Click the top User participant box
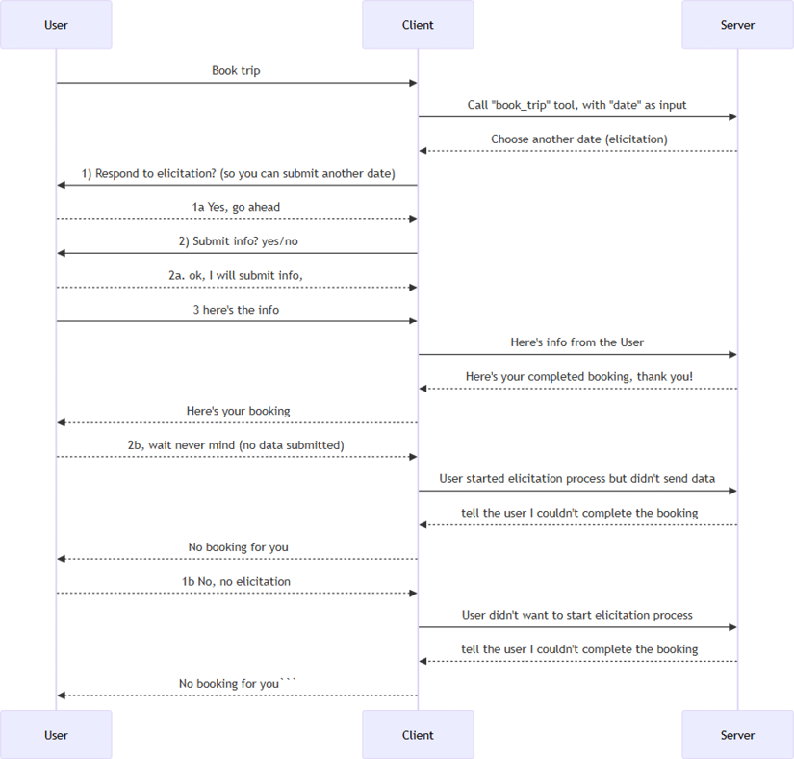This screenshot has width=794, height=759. click(56, 25)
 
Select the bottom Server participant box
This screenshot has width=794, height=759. click(737, 735)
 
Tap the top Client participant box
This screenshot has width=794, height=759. click(418, 25)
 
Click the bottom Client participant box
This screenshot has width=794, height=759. click(418, 735)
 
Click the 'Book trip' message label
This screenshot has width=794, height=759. click(236, 70)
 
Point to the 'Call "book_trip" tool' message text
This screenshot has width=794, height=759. click(577, 105)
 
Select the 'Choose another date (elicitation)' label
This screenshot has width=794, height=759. click(578, 139)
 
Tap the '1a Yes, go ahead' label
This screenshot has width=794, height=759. click(236, 207)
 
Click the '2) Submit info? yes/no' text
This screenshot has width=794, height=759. click(237, 241)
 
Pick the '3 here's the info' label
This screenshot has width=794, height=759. click(236, 309)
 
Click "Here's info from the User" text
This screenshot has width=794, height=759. click(577, 342)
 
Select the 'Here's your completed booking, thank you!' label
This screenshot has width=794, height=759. click(578, 376)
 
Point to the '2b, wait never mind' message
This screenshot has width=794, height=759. click(236, 445)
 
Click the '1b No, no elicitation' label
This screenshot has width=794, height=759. click(236, 581)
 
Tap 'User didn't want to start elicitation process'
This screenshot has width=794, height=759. click(577, 615)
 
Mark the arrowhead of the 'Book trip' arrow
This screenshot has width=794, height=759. click(412, 83)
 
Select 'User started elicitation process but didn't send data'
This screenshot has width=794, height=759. click(577, 478)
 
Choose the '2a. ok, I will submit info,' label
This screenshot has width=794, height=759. click(236, 275)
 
